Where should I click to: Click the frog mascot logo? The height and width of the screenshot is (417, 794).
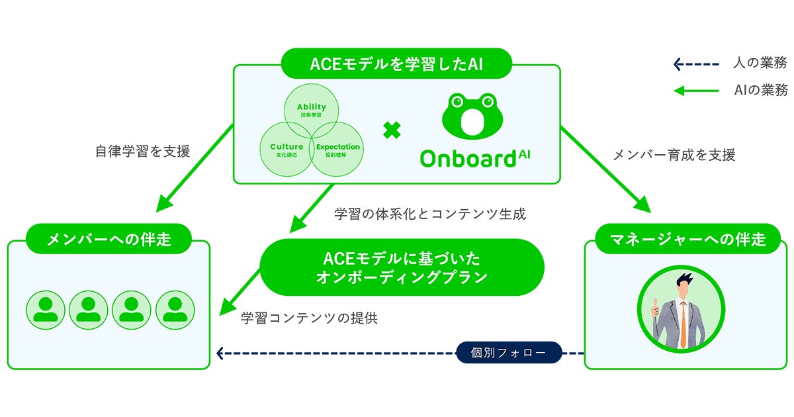click(x=472, y=115)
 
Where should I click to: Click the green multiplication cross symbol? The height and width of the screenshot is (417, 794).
click(x=392, y=130)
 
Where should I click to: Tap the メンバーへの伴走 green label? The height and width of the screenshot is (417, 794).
click(x=109, y=239)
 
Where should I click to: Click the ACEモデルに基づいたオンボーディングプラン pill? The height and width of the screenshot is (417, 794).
click(x=402, y=267)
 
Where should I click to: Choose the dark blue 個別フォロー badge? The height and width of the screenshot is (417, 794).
click(x=508, y=353)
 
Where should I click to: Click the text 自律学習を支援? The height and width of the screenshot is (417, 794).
click(x=142, y=152)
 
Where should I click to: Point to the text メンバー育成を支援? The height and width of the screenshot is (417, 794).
click(x=674, y=156)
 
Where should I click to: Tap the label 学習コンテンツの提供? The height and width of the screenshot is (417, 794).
click(x=310, y=318)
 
